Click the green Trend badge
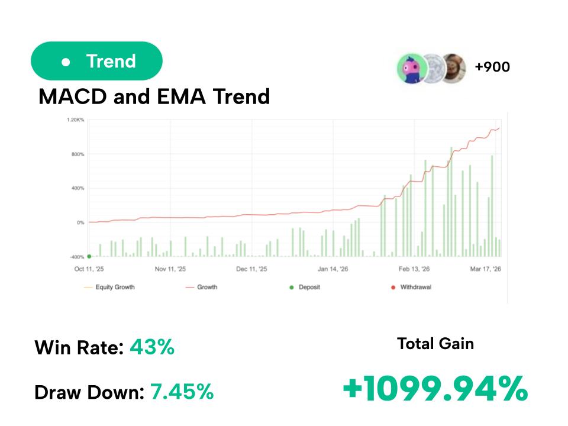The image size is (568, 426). pos(96,61)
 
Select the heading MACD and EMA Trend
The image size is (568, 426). pos(154,96)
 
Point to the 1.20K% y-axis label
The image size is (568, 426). pos(76,120)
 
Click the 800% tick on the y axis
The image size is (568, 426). pos(77,154)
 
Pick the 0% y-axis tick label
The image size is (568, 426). pos(80,223)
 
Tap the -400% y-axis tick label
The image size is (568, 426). pos(76,257)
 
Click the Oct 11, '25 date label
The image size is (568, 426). pos(89,269)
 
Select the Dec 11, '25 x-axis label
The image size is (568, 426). pos(251,269)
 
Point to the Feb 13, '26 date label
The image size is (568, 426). pos(414,269)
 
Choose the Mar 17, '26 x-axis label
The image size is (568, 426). pos(486,269)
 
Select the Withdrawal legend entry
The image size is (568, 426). pos(415,288)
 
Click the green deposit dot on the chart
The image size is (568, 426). pos(89,256)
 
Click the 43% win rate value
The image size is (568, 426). pos(152,347)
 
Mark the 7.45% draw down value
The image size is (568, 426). pos(182,391)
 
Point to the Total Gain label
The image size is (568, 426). pos(435,343)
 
